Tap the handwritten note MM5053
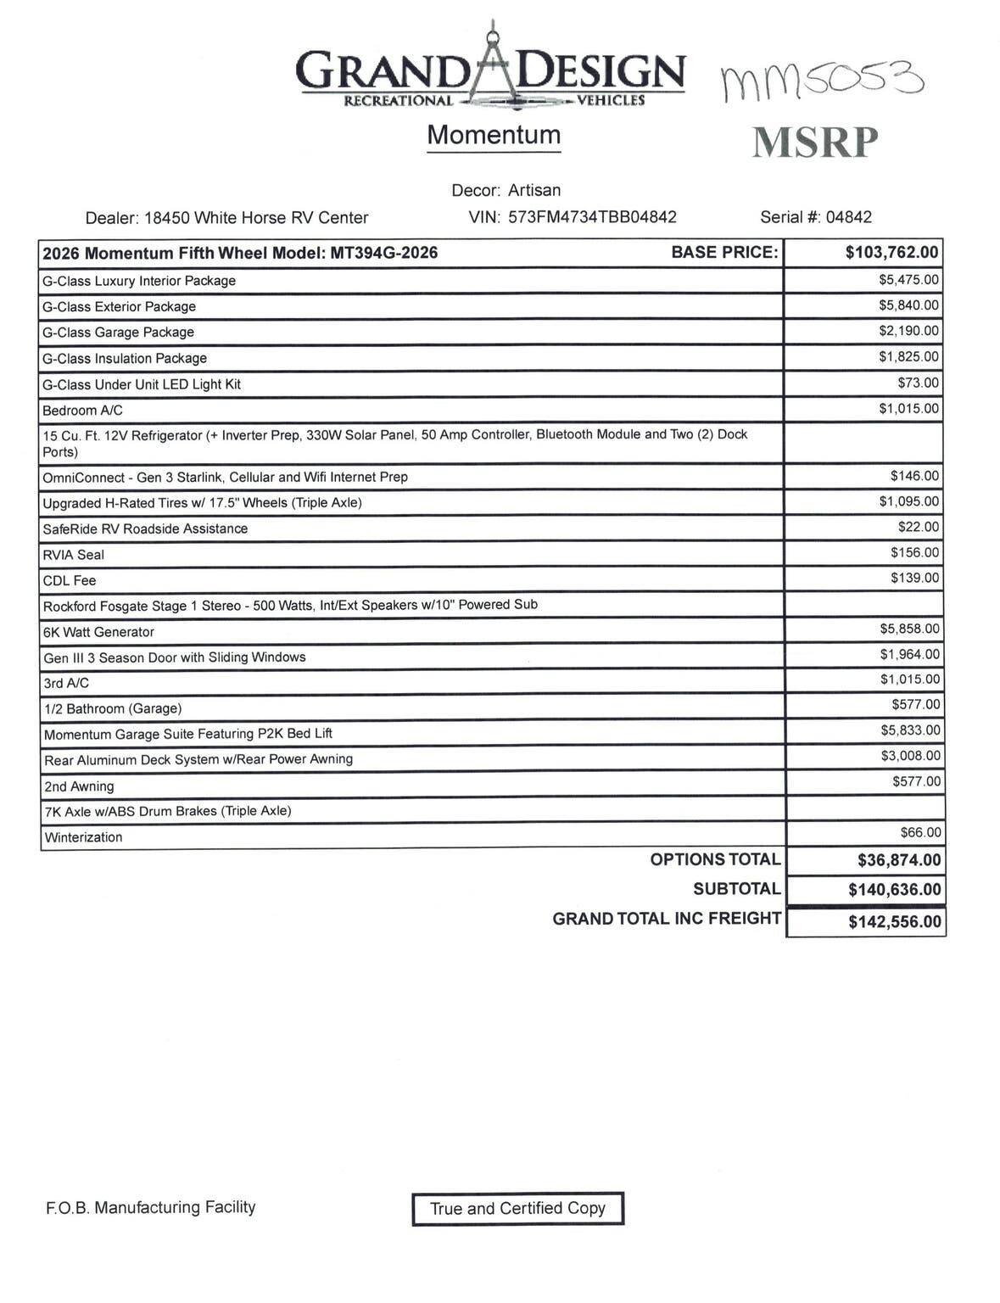point(822,81)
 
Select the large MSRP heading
point(814,143)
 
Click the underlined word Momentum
point(494,135)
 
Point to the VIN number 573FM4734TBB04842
point(592,217)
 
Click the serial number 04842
point(848,217)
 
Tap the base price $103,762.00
point(891,252)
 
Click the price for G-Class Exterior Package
point(908,305)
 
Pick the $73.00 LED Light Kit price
point(918,383)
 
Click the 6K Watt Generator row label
point(98,632)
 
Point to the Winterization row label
point(83,837)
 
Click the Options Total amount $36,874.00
point(898,860)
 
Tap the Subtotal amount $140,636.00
point(894,890)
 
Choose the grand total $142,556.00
point(894,922)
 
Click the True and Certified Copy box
point(517,1209)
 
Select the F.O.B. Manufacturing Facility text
point(150,1207)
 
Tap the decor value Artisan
point(534,190)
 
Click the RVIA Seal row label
point(74,555)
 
